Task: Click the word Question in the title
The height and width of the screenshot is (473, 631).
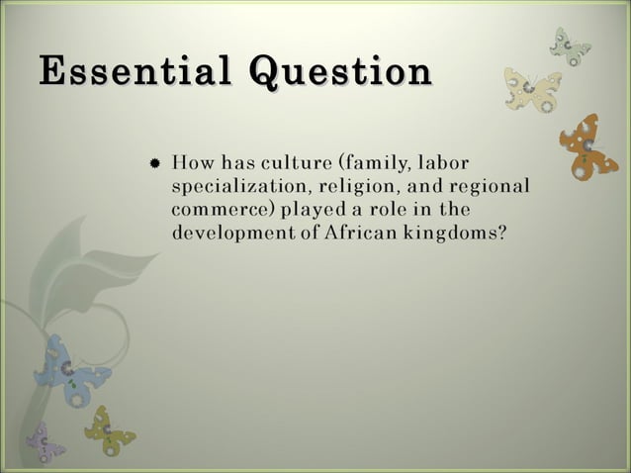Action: coord(341,74)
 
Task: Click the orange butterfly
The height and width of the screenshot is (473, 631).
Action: coord(588,145)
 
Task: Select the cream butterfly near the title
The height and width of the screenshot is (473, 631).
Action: coord(532,89)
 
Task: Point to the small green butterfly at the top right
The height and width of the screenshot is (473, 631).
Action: coord(571,45)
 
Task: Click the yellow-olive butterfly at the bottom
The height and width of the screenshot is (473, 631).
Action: coord(108,430)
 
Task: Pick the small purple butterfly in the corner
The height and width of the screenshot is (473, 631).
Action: coord(45,442)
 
